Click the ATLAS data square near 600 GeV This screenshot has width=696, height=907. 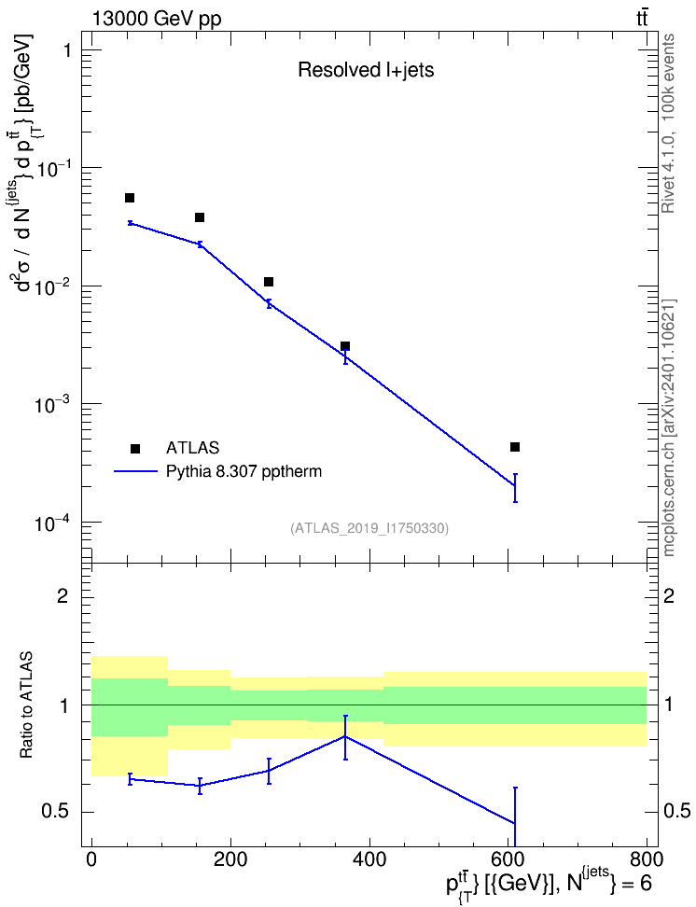point(515,447)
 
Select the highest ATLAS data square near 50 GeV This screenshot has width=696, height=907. point(130,198)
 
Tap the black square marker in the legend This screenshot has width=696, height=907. point(135,448)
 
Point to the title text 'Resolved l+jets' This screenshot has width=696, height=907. point(366,70)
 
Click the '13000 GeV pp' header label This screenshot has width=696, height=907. point(156,19)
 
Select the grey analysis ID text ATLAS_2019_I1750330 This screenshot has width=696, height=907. point(369,527)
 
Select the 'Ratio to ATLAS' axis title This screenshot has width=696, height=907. point(26,705)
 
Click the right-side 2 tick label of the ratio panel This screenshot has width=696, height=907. point(669,595)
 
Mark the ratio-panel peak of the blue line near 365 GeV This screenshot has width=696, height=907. point(345,736)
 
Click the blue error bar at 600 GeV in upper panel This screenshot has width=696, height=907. point(515,488)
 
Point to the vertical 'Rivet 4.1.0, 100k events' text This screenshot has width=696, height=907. point(668,124)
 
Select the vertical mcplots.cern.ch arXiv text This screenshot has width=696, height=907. point(668,427)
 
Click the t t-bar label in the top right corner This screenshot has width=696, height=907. point(642,19)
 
